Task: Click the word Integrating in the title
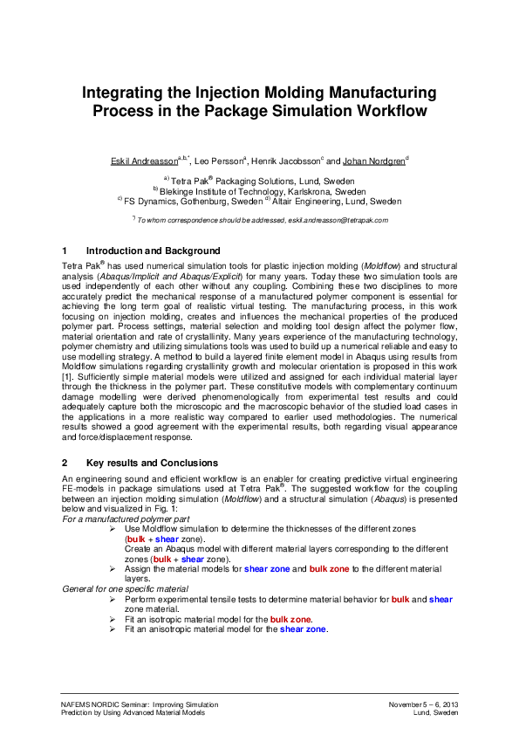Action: [132, 93]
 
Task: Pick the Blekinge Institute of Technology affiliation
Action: [263, 190]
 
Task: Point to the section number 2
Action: [65, 463]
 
